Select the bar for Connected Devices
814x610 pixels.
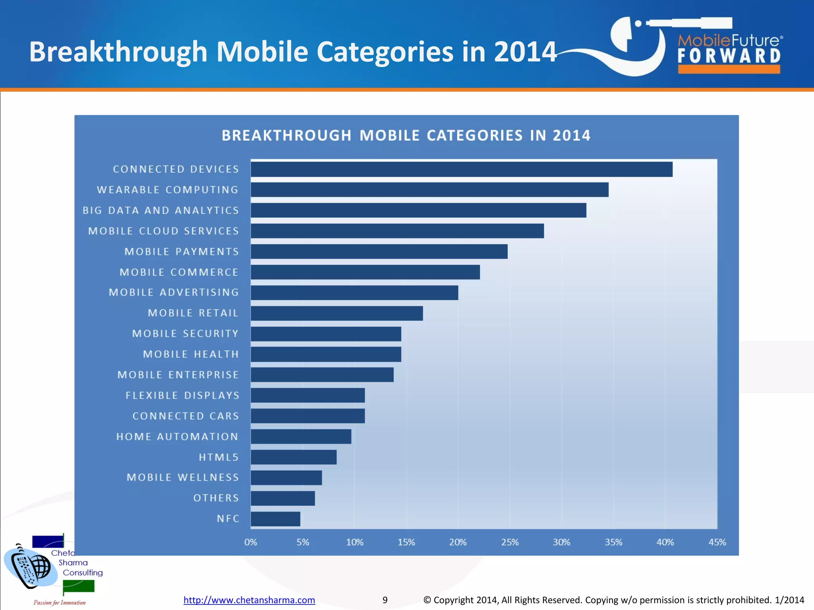coord(461,169)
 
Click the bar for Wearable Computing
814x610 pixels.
coord(429,190)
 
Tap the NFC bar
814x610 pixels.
coord(275,519)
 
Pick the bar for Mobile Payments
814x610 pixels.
coord(379,251)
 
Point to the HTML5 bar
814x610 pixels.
coord(293,457)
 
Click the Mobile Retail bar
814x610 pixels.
coord(337,313)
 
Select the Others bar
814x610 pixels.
coord(283,498)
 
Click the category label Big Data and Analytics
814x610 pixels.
coord(161,210)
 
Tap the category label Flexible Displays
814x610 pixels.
coord(182,396)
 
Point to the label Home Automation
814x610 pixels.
coord(177,437)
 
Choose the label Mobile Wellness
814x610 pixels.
coord(183,477)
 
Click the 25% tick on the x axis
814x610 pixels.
coord(510,542)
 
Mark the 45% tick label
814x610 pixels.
coord(717,542)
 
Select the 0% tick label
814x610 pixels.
coord(251,542)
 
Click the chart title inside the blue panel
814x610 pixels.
coord(406,136)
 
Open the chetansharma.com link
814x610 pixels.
coord(249,600)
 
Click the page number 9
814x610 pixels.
coord(385,600)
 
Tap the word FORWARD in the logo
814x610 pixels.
coord(729,56)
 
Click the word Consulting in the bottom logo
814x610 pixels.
coord(83,573)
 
